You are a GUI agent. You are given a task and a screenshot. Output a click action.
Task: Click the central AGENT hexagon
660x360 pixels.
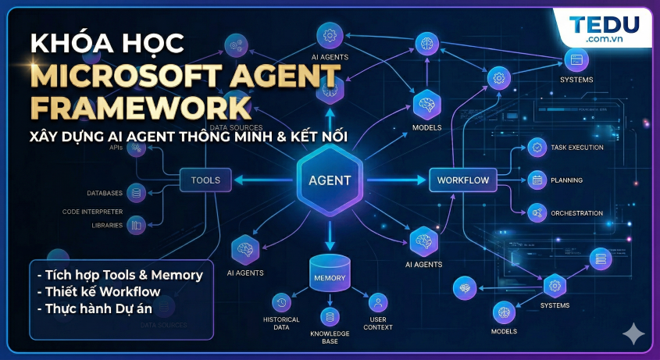330,180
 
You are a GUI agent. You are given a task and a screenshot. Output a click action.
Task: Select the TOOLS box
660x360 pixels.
205,180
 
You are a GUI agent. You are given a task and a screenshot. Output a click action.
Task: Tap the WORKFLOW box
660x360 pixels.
462,180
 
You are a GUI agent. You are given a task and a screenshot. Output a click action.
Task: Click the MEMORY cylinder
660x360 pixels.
329,273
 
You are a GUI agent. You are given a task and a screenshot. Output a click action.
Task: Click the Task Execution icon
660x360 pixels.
537,147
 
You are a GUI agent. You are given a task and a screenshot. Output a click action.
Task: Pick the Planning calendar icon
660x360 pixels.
537,180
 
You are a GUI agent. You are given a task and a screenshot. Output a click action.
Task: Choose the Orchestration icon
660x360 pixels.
537,212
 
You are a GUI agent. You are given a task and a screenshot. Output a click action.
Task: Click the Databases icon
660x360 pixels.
137,192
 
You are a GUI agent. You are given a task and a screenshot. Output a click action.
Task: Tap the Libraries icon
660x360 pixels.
137,225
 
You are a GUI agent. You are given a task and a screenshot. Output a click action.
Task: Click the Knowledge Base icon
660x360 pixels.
329,316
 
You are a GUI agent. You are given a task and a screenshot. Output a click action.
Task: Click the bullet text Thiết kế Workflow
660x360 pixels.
98,292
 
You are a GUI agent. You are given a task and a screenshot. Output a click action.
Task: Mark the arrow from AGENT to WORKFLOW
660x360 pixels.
395,180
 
